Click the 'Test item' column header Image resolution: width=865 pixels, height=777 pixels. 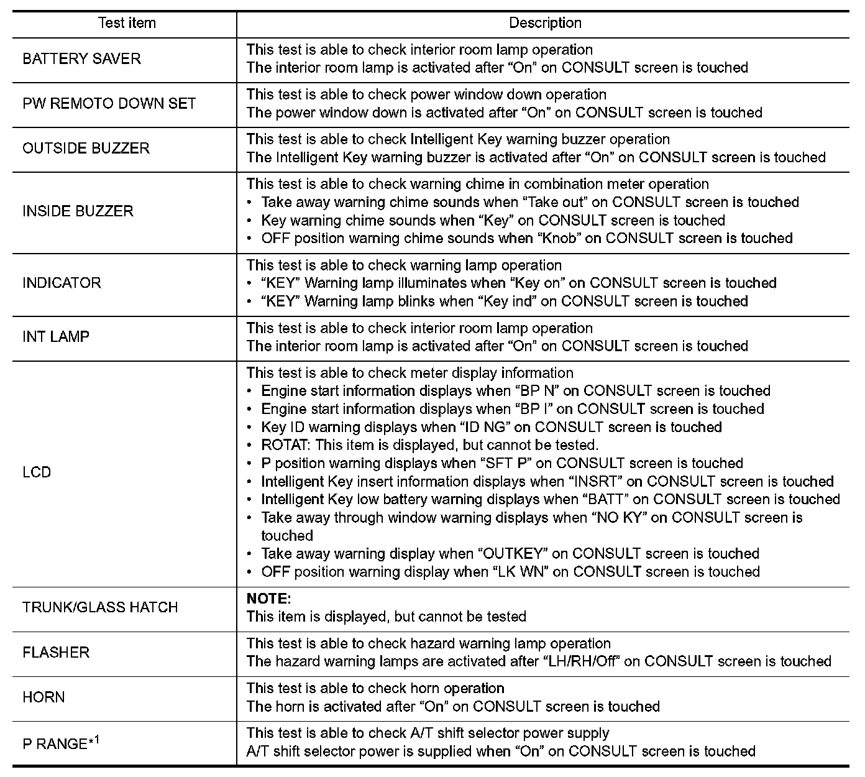coord(127,24)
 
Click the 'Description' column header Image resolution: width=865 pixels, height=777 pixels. coord(545,24)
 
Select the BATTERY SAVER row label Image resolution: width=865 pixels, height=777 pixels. coord(81,59)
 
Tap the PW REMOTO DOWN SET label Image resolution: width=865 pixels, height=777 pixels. coord(109,104)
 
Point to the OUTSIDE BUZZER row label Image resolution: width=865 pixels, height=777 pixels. coord(86,149)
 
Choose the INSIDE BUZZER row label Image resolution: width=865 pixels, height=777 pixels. coord(78,211)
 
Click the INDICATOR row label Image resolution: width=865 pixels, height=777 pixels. coord(62,283)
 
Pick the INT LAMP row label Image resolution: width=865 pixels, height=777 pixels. coord(56,337)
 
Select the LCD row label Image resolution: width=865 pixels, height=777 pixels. coord(37,472)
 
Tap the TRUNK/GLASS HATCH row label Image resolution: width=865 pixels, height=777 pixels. coord(100,607)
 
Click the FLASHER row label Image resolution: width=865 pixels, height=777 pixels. coord(56,653)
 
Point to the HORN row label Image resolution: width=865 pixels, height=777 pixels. coord(43,697)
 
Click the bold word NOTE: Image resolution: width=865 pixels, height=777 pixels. coord(268,599)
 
